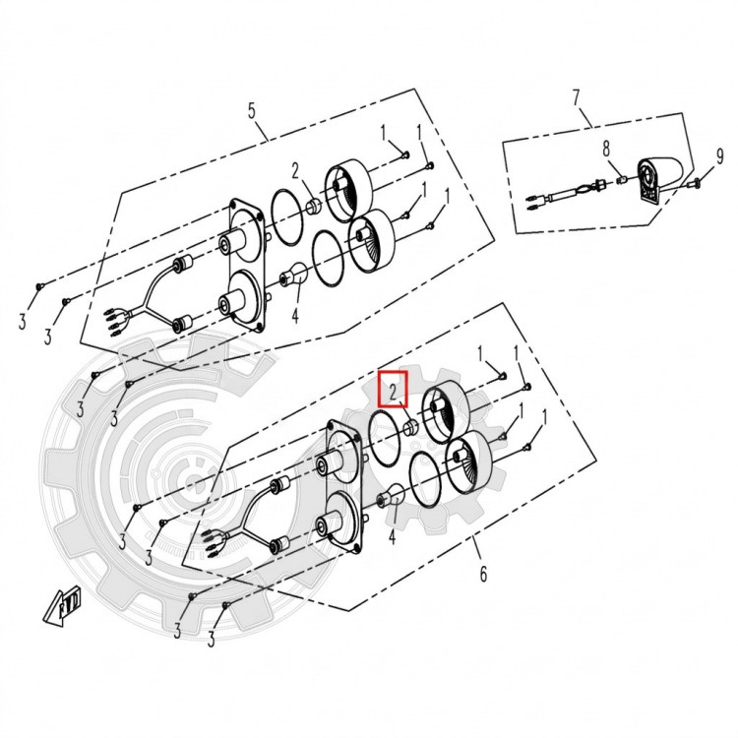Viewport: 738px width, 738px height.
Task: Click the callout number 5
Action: pyautogui.click(x=252, y=111)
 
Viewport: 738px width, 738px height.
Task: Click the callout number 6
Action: pyautogui.click(x=483, y=574)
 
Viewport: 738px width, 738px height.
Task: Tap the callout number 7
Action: pyautogui.click(x=577, y=97)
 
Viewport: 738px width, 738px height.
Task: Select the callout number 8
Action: pyautogui.click(x=606, y=150)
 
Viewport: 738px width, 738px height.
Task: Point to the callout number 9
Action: pyautogui.click(x=719, y=156)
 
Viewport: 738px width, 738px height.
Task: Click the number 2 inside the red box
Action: pyautogui.click(x=393, y=391)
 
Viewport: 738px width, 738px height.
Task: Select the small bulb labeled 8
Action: pyautogui.click(x=621, y=180)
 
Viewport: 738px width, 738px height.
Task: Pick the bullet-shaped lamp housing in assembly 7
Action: pyautogui.click(x=659, y=177)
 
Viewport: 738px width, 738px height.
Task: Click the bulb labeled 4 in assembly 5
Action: pyautogui.click(x=293, y=274)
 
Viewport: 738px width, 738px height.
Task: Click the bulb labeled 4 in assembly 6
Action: pyautogui.click(x=391, y=495)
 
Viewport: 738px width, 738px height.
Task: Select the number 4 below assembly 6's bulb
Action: pyautogui.click(x=392, y=536)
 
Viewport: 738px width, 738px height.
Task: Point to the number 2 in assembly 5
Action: pyautogui.click(x=295, y=171)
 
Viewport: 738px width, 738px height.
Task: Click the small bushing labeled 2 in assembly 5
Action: pyautogui.click(x=314, y=206)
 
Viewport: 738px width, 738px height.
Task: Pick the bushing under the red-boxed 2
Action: pyautogui.click(x=411, y=427)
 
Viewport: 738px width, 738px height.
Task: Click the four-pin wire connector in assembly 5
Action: pyautogui.click(x=113, y=322)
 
